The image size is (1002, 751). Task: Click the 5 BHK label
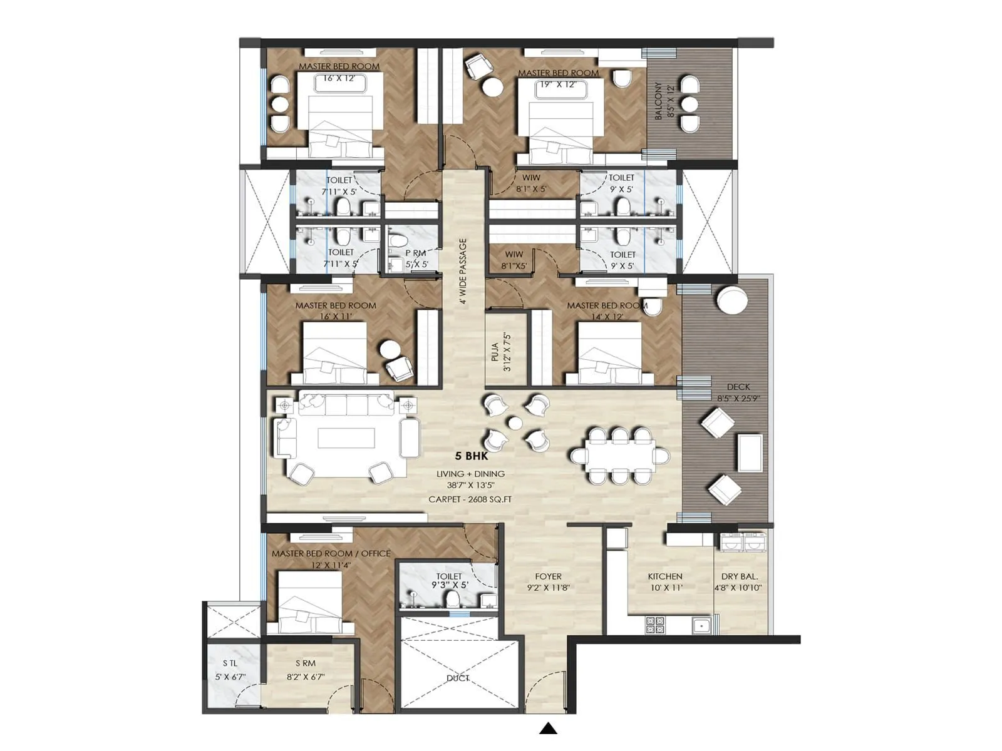click(x=472, y=456)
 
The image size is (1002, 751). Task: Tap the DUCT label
click(x=458, y=678)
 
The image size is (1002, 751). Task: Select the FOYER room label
click(x=548, y=576)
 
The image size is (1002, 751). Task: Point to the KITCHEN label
click(x=665, y=576)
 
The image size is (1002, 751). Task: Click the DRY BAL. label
click(x=740, y=576)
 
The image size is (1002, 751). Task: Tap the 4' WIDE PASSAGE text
click(x=463, y=271)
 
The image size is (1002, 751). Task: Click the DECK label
click(x=738, y=387)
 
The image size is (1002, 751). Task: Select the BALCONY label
click(x=658, y=101)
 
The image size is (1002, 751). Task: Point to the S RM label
click(x=306, y=663)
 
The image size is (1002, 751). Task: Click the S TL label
click(x=230, y=663)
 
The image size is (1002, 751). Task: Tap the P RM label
click(x=415, y=253)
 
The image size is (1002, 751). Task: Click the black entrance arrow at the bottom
click(x=549, y=728)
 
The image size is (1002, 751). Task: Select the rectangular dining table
click(x=620, y=455)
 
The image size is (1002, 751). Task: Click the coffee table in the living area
click(x=346, y=437)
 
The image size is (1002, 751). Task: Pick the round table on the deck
click(x=731, y=300)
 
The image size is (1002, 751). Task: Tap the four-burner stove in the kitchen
click(x=655, y=624)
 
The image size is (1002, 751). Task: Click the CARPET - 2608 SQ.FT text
click(x=470, y=499)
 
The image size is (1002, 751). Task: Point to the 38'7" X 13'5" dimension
click(x=470, y=485)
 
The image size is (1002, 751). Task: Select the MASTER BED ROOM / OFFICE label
click(x=331, y=554)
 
